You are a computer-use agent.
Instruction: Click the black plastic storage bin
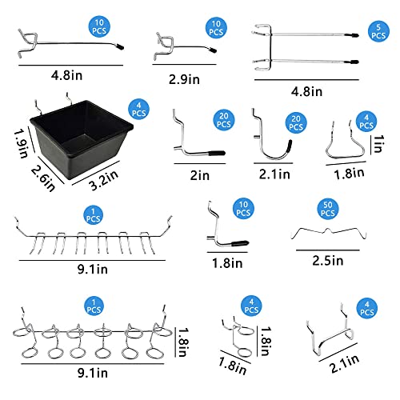coord(82,138)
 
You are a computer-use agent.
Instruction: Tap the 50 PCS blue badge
coord(328,209)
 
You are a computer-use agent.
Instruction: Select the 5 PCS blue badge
coord(378,31)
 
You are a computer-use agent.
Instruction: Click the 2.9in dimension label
coord(184,79)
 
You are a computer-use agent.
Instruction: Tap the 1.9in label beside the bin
coord(21,144)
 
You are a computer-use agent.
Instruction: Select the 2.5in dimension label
coord(328,261)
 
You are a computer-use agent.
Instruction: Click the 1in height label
coord(378,144)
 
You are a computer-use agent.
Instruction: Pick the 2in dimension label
coord(200,175)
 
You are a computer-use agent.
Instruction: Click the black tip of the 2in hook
coord(217,153)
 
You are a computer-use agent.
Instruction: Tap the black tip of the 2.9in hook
coord(213,50)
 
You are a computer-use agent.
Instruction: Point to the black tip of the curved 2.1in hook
coord(290,146)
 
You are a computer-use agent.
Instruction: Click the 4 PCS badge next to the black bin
coord(138,110)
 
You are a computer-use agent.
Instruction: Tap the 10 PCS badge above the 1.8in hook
coord(243,209)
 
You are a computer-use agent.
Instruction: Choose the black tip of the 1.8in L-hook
coord(240,243)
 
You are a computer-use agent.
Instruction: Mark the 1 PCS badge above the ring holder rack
coord(94,306)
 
